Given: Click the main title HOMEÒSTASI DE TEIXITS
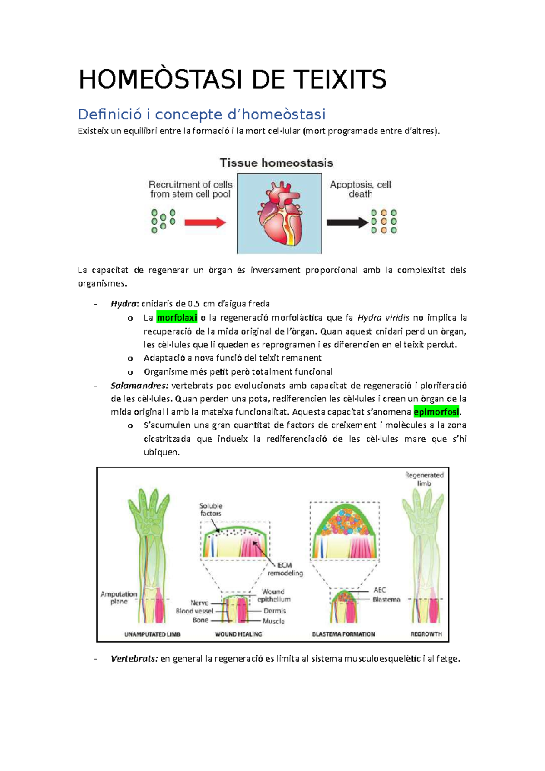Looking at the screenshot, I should click(233, 79).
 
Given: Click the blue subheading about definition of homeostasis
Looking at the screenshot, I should click(202, 114).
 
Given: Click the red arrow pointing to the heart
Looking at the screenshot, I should click(205, 222).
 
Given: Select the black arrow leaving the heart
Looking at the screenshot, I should click(347, 222).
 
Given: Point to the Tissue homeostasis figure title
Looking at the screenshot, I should click(276, 163).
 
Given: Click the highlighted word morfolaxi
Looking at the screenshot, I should click(177, 317).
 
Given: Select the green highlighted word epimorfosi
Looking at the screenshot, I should click(436, 412).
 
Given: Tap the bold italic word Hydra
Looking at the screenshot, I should click(124, 304).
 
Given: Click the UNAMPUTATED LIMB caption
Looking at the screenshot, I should click(152, 634).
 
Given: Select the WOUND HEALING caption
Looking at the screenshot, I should click(238, 634).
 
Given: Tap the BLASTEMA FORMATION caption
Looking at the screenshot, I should click(343, 634).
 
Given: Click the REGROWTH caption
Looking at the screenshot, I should click(426, 634).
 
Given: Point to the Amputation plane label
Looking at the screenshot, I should click(119, 598).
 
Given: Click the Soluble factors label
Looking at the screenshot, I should click(211, 509).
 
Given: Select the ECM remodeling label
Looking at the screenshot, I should click(285, 569).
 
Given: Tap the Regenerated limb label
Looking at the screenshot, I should click(424, 479).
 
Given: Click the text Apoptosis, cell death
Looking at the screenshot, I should click(360, 189).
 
